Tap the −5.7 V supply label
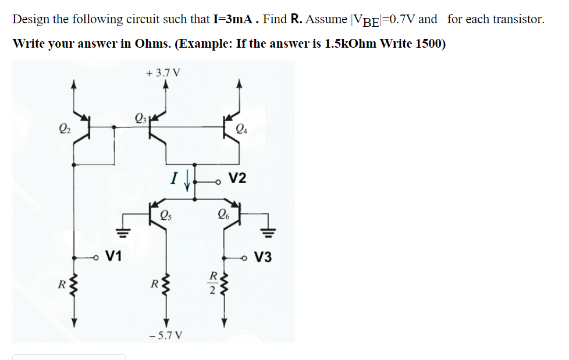[166, 335]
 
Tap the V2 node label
[237, 178]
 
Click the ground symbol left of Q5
[123, 232]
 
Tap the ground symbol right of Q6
[268, 232]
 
